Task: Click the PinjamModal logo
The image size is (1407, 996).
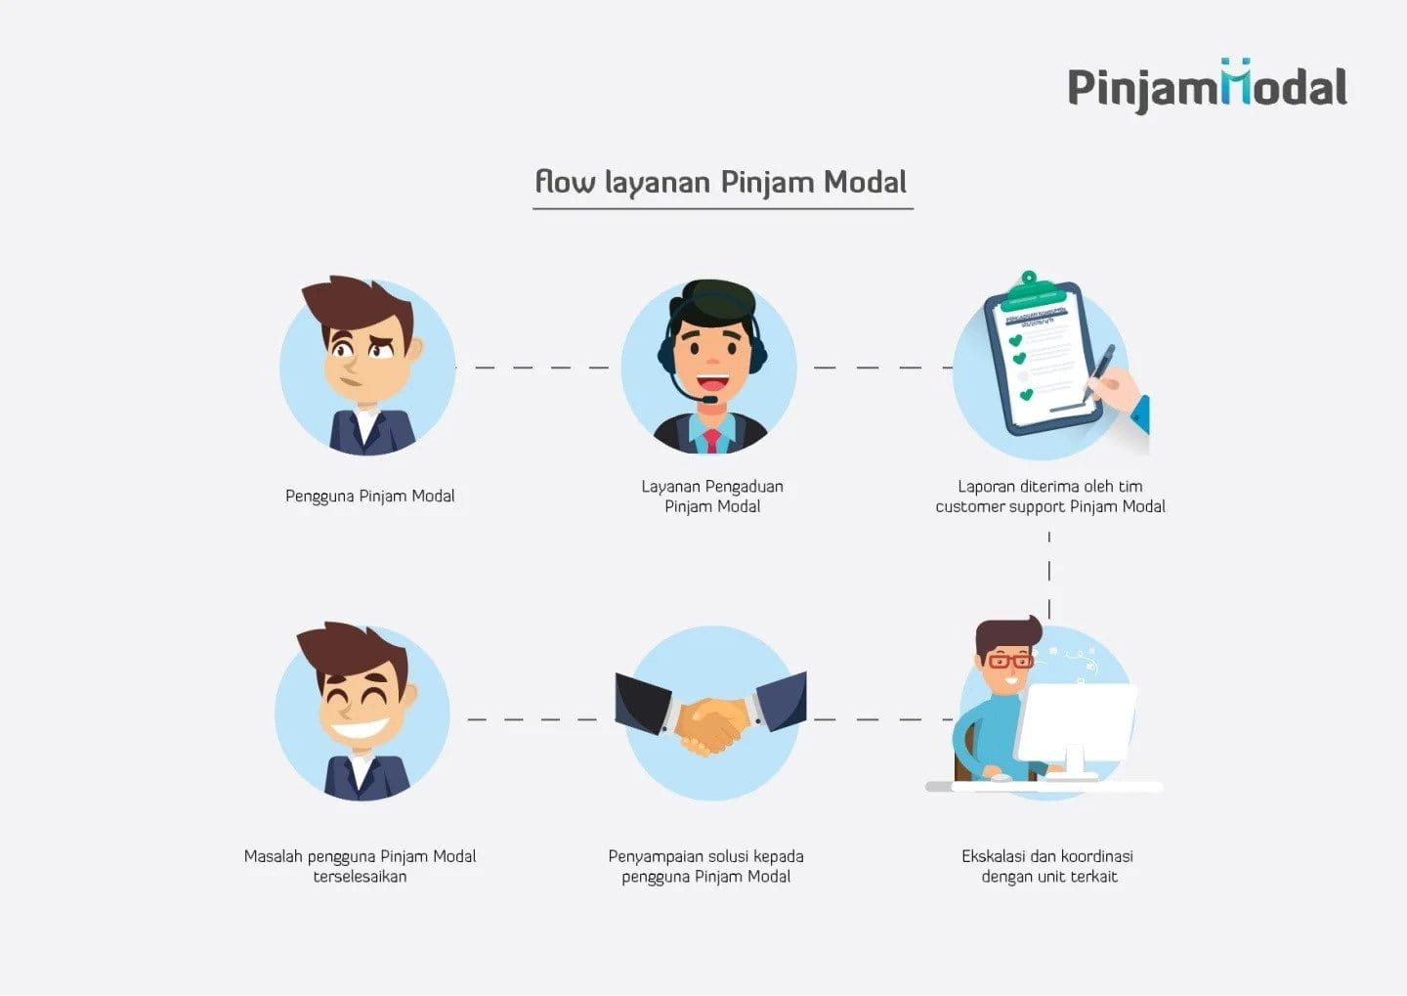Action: click(1207, 87)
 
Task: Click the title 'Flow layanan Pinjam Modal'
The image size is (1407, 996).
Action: click(721, 183)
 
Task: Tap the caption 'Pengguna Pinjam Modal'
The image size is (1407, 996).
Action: click(369, 497)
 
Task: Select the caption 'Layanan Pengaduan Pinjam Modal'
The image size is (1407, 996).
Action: click(711, 497)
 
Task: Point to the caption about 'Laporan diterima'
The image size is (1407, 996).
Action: click(1050, 497)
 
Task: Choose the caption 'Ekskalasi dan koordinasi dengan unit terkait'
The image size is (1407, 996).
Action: click(1047, 866)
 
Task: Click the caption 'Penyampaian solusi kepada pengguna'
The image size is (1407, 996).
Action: click(705, 866)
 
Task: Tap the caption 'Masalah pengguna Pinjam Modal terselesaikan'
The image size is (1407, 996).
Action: click(360, 866)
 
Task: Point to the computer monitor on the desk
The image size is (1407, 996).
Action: click(1076, 723)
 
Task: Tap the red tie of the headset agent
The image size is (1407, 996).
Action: click(712, 441)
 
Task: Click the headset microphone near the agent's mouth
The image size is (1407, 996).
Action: click(709, 399)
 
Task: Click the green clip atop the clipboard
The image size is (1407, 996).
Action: click(1029, 289)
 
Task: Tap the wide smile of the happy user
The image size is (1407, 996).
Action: click(360, 729)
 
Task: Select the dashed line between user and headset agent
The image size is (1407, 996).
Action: click(532, 368)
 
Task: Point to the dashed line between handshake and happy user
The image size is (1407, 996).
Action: click(532, 719)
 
